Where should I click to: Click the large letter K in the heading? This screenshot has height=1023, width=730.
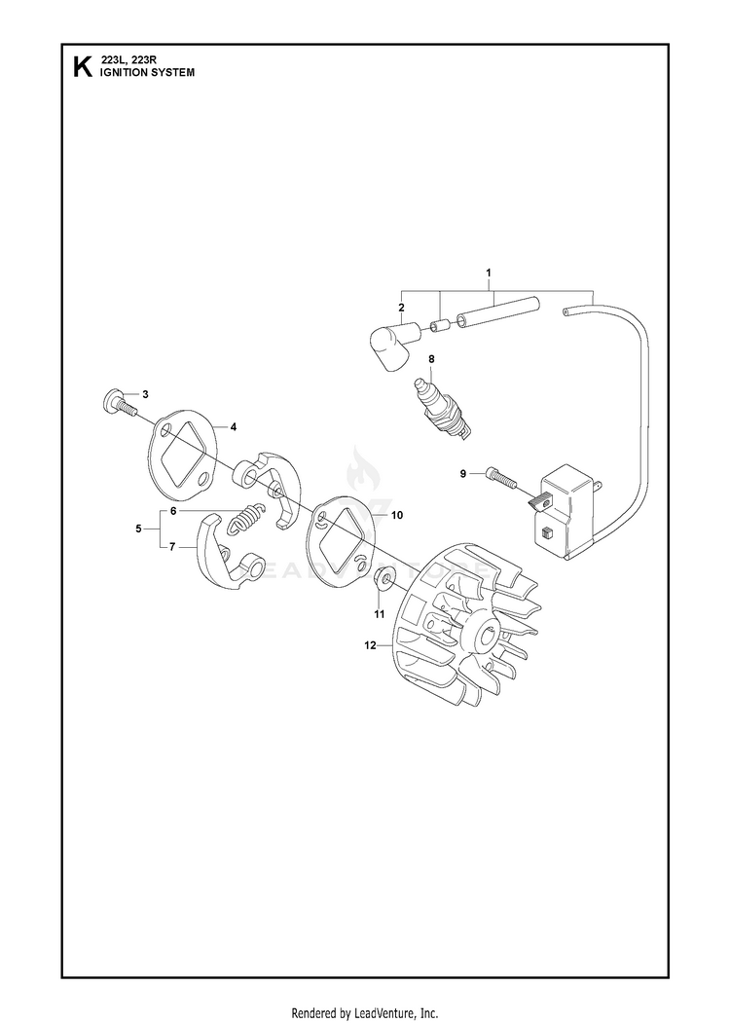[x=83, y=67]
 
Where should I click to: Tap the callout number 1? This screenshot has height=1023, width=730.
[x=489, y=272]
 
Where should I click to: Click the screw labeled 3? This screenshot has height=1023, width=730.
[x=120, y=404]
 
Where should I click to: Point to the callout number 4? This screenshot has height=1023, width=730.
[x=233, y=427]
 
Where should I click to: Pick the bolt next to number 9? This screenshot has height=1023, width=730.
[x=500, y=479]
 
